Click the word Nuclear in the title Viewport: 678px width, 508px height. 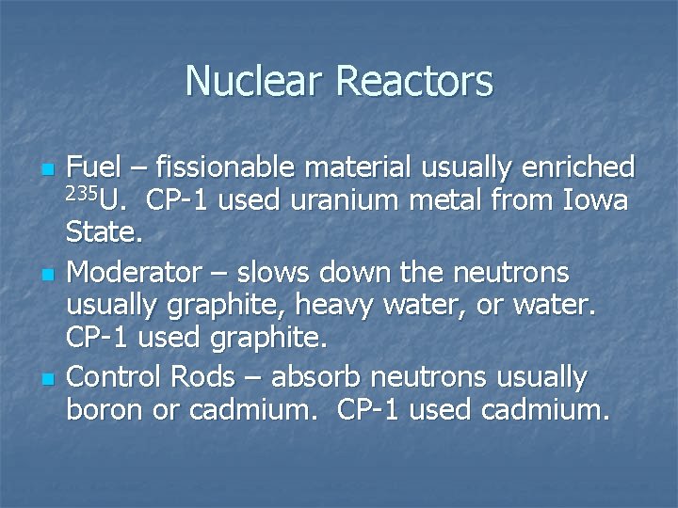click(255, 81)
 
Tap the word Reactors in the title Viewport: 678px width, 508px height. click(414, 81)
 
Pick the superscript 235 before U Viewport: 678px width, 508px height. click(82, 195)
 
